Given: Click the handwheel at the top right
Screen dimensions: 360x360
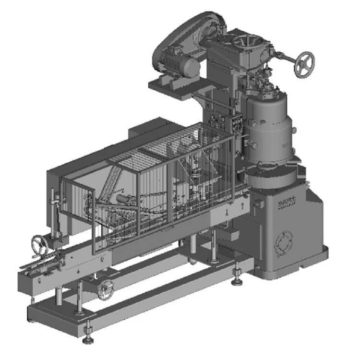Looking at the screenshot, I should pyautogui.click(x=304, y=63).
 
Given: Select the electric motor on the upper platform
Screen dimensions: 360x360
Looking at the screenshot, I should pyautogui.click(x=180, y=65).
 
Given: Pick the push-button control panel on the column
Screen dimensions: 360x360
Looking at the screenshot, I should pyautogui.click(x=237, y=122).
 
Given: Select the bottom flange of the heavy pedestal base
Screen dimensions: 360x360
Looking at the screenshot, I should pyautogui.click(x=293, y=266).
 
